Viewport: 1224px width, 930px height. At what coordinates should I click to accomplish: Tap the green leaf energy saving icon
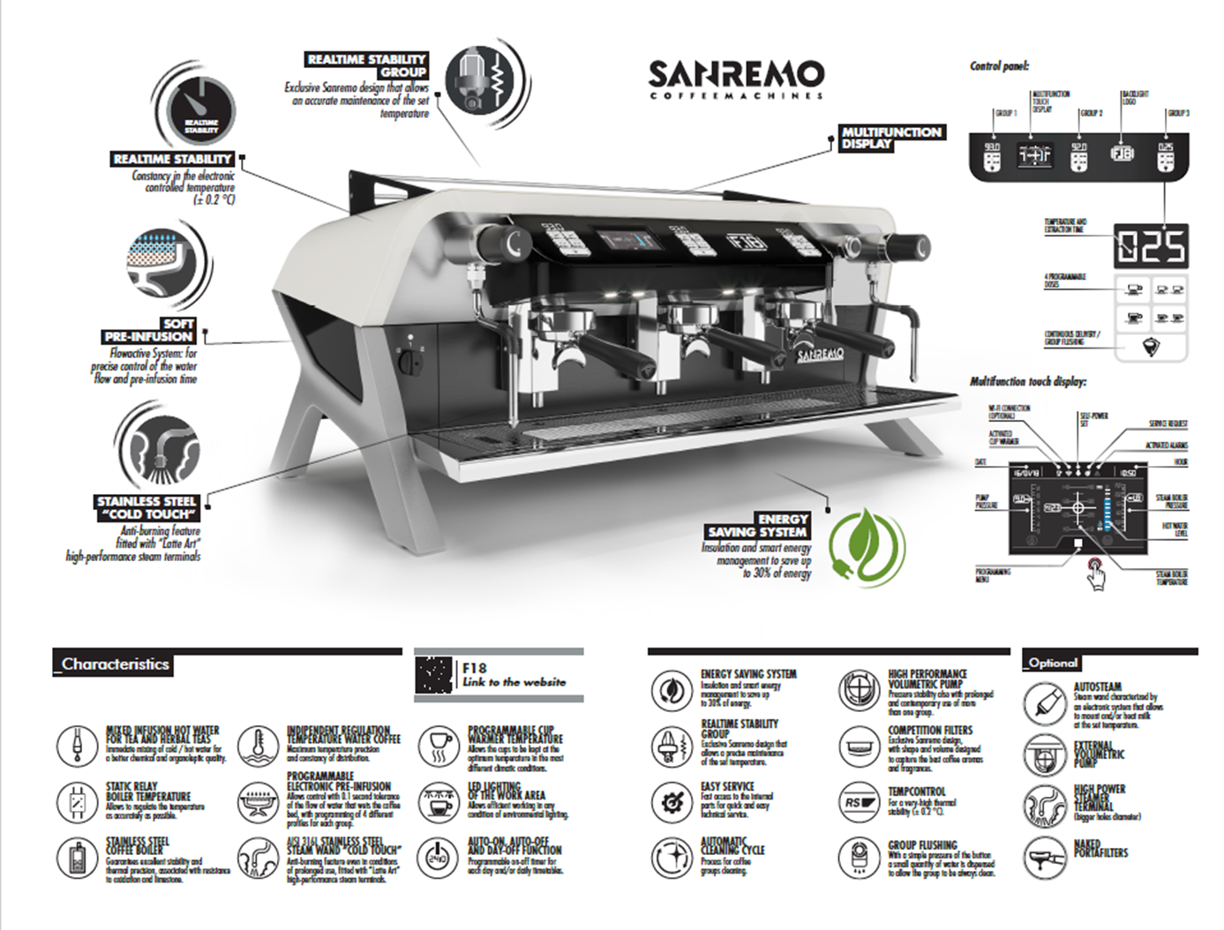[x=867, y=548]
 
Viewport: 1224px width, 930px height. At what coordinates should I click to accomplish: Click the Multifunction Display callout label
[x=891, y=138]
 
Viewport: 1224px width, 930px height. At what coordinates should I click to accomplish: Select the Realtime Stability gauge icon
[x=201, y=112]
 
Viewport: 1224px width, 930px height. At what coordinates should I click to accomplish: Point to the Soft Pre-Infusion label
[x=149, y=330]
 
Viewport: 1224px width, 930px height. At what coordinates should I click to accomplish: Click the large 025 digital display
[x=1151, y=246]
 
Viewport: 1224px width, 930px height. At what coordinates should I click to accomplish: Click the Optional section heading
[x=1053, y=662]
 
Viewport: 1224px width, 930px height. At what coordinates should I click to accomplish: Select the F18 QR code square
[x=434, y=676]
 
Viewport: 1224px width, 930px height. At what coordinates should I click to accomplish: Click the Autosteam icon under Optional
[x=1046, y=704]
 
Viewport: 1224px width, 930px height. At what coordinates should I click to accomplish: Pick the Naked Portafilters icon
[x=1046, y=855]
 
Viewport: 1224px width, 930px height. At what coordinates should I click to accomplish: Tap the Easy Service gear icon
[x=672, y=801]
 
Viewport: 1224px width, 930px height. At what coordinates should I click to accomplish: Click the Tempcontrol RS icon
[x=859, y=802]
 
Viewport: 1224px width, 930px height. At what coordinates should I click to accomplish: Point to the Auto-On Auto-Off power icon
[x=438, y=857]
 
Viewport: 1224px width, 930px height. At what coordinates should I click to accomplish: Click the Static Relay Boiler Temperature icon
[x=77, y=802]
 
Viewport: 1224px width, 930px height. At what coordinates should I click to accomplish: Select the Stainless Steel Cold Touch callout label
[x=147, y=507]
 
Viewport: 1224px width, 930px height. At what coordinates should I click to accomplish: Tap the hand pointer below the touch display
[x=1097, y=575]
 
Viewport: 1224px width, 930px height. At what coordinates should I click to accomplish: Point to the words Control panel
[x=999, y=66]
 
